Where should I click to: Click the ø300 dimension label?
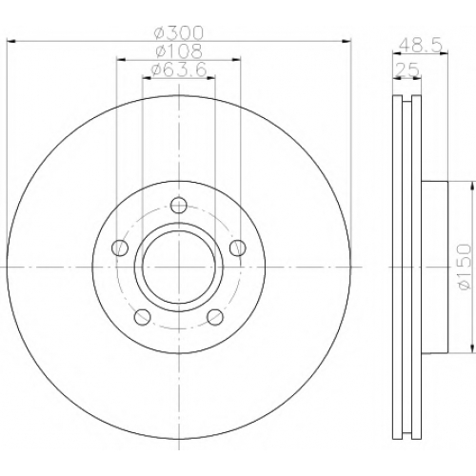point(179,32)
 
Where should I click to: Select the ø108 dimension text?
point(179,50)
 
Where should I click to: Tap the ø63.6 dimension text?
point(179,69)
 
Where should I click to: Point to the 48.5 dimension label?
point(420,46)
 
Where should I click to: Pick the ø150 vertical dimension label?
point(464,267)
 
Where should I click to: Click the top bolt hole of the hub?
point(179,205)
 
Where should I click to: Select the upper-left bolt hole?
point(120,248)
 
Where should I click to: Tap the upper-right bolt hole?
point(238,248)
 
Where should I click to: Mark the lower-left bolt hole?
point(143,317)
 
